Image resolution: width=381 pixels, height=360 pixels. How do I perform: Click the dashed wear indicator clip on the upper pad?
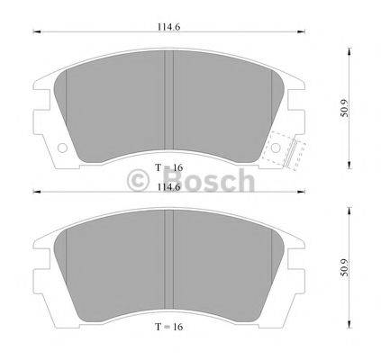pyautogui.click(x=283, y=148)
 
